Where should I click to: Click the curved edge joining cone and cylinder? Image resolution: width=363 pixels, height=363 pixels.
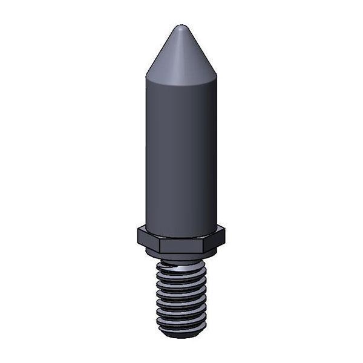[181, 83]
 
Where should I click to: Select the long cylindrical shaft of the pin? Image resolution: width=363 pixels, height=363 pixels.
[181, 151]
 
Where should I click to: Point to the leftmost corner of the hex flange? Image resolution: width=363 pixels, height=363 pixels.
[138, 232]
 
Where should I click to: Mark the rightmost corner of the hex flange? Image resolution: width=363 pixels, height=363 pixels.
[225, 232]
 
